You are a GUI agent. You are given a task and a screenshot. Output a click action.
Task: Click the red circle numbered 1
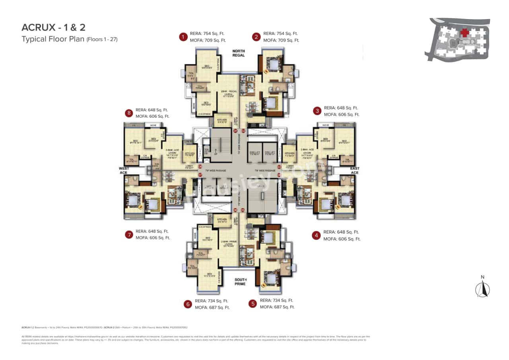tap(183, 37)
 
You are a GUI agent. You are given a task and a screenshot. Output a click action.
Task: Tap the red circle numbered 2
tap(256, 37)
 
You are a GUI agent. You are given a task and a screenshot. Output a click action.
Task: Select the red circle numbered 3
tap(317, 111)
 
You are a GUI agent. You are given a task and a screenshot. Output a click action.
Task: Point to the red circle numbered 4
tap(316, 235)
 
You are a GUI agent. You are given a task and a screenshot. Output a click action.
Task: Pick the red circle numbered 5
tap(253, 304)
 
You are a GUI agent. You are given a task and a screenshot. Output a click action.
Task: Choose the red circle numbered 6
tap(188, 304)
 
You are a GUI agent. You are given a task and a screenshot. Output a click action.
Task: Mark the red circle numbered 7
tap(129, 235)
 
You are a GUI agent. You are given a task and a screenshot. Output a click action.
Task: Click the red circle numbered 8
tap(129, 113)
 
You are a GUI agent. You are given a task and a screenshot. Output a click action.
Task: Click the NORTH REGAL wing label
tap(239, 53)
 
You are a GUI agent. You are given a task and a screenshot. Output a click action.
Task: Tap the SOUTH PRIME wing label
tap(240, 282)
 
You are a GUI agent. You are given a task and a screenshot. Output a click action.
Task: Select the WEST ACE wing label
tap(124, 170)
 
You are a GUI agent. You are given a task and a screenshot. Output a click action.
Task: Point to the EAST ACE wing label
tap(354, 170)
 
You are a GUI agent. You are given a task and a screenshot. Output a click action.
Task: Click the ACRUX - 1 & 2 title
tap(54, 27)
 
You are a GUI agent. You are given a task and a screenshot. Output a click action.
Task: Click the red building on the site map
tap(464, 33)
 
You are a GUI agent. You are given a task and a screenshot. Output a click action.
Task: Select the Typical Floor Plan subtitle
tap(70, 39)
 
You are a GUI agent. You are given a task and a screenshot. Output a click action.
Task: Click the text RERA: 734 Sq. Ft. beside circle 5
tap(276, 300)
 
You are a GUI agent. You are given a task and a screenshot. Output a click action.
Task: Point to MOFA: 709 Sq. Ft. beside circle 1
tap(206, 40)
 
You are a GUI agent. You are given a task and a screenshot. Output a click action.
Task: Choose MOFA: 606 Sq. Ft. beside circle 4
tap(342, 239)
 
